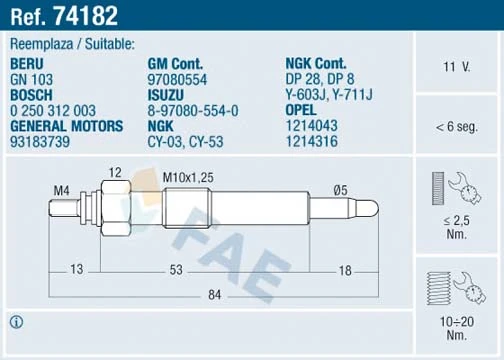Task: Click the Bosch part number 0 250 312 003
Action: [x=53, y=111]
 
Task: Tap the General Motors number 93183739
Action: [x=40, y=143]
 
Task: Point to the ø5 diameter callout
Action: [x=340, y=189]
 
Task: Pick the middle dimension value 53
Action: [x=175, y=270]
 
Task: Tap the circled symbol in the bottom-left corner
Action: [x=17, y=321]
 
